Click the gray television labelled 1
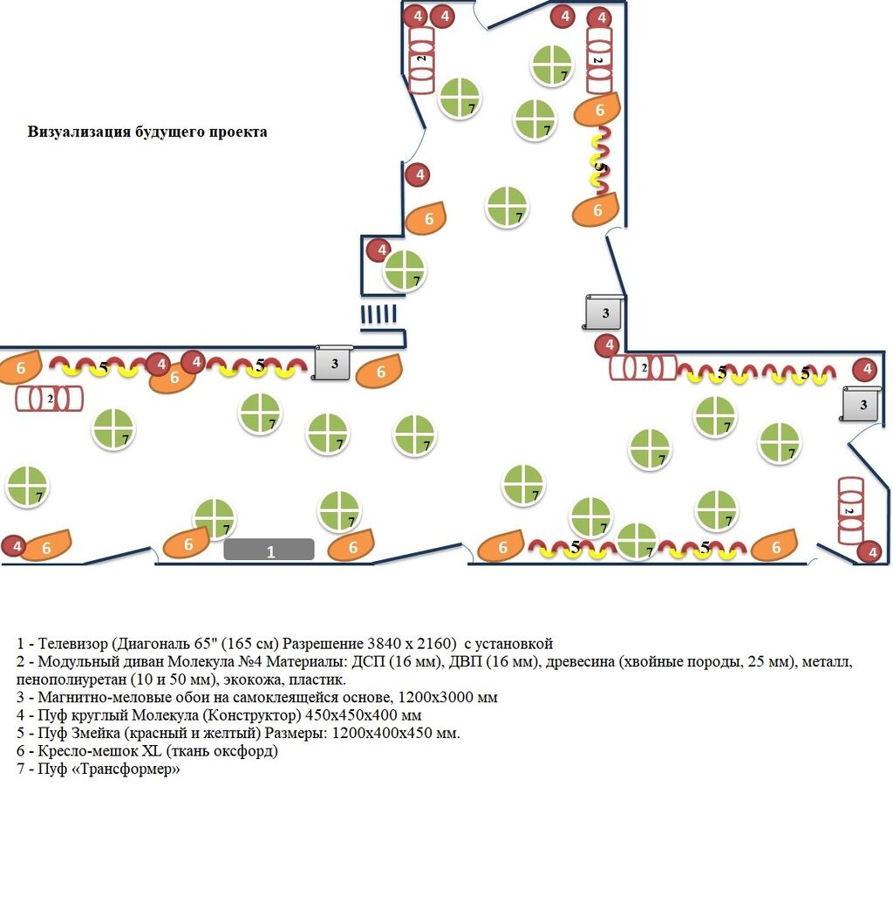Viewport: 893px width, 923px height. [269, 550]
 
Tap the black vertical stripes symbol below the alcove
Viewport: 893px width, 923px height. [379, 314]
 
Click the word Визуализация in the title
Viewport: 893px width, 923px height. [79, 133]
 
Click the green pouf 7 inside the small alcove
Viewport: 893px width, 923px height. [405, 270]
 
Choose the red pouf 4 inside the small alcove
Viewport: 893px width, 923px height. [378, 251]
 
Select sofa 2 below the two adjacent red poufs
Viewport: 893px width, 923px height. [422, 61]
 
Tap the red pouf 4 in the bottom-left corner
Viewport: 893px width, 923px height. [14, 547]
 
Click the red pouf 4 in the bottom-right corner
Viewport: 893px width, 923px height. [869, 551]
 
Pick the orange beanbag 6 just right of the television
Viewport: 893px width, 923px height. [351, 547]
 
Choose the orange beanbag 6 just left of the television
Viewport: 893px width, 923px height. [186, 544]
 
